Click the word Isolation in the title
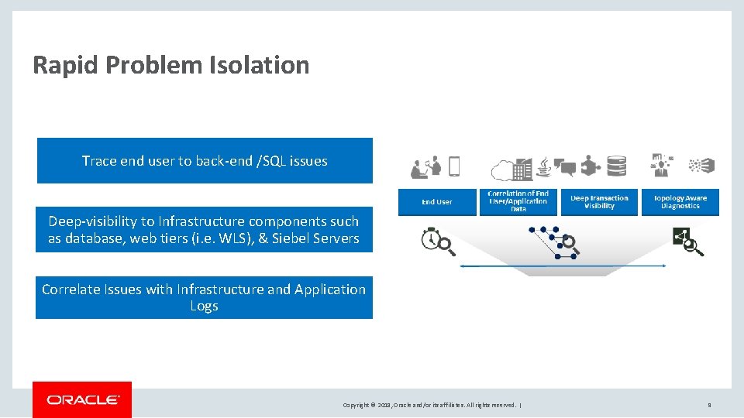coord(259,65)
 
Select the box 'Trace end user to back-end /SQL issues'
coord(205,161)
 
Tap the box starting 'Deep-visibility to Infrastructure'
coord(204,230)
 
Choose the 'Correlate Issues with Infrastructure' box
coord(204,297)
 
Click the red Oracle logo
coord(82,399)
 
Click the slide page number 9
coord(709,405)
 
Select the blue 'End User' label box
coord(437,202)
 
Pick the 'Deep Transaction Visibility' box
coord(599,202)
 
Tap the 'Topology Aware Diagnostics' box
coord(680,202)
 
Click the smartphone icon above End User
coord(454,166)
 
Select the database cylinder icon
coord(617,166)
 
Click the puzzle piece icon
coord(591,166)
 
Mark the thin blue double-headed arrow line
coord(563,266)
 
